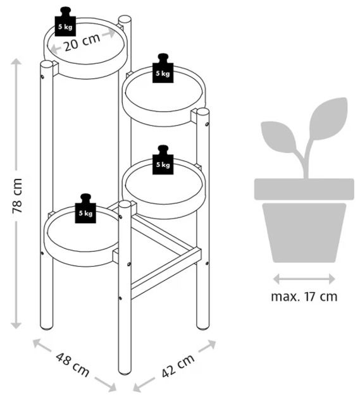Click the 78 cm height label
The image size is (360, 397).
tap(18, 196)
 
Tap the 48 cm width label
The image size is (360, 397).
tap(73, 365)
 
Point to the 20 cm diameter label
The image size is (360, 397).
tap(82, 42)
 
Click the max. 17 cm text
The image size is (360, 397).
tap(304, 296)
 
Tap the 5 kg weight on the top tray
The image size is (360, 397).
tap(65, 21)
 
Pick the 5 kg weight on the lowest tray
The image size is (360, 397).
tap(85, 209)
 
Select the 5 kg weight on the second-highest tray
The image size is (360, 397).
tap(163, 68)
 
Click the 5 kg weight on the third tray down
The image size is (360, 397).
tap(163, 160)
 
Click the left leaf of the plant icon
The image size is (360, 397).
tap(279, 137)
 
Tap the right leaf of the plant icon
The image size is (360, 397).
tap(328, 118)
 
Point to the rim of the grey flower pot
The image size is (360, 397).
tap(304, 189)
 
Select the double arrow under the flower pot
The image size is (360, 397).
tap(304, 279)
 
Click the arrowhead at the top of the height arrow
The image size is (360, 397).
tap(16, 61)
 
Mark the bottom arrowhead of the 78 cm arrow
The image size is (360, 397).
tap(16, 326)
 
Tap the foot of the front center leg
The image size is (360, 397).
tap(125, 372)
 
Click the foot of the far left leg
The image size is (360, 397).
tap(47, 327)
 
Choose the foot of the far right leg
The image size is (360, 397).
tap(203, 327)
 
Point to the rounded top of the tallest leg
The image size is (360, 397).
tap(125, 20)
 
